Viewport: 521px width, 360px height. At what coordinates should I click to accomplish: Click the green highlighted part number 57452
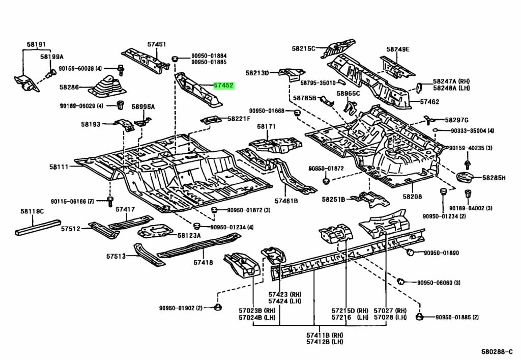click(224, 86)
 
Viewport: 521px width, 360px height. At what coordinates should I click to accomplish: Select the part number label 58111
click(59, 167)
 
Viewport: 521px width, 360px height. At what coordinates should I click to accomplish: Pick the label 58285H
click(494, 178)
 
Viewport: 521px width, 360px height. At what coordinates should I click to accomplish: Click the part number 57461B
click(286, 201)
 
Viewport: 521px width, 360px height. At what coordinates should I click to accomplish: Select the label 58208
click(413, 196)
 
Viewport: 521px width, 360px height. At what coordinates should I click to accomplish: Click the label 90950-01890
click(441, 253)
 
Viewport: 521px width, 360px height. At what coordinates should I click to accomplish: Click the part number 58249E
click(397, 49)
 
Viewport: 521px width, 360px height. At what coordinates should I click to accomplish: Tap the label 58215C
click(304, 48)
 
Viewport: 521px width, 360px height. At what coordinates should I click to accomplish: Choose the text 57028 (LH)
click(390, 317)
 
